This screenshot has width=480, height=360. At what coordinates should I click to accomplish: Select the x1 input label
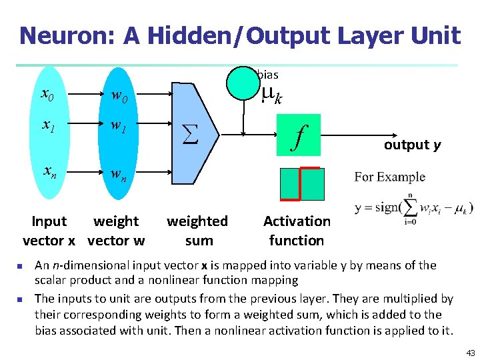(x=48, y=126)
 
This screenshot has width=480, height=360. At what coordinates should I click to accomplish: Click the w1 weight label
(x=119, y=127)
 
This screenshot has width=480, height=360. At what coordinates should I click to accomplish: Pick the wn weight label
(x=119, y=175)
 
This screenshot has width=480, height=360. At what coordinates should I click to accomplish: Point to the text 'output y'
(x=412, y=145)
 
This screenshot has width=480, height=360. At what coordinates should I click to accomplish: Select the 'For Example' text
(x=390, y=177)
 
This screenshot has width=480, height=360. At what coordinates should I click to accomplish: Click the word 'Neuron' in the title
(x=65, y=35)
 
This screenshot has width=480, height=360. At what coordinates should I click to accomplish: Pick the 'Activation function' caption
(x=297, y=231)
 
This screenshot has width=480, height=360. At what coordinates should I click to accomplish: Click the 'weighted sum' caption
(x=197, y=231)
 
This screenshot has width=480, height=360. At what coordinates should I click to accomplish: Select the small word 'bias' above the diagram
(x=267, y=75)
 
